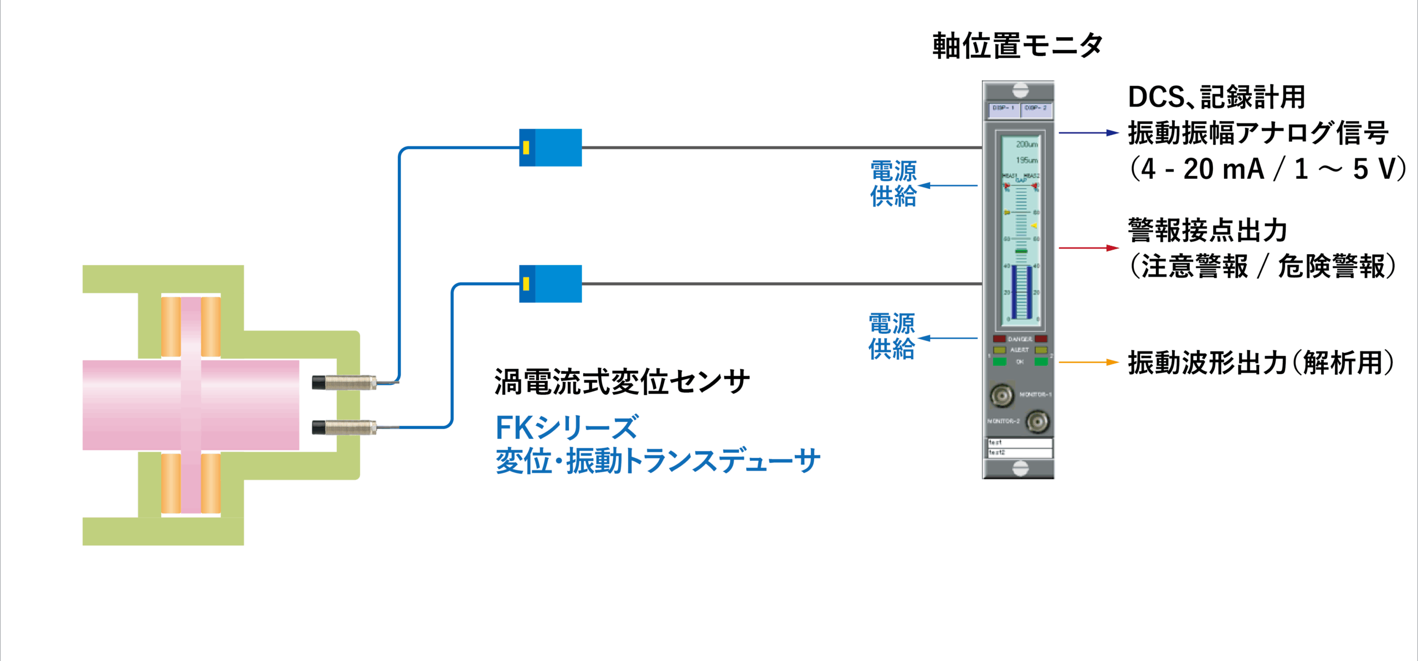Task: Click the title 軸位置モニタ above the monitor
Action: [1018, 45]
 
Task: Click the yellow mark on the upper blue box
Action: [526, 147]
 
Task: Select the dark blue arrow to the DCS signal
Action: [1088, 133]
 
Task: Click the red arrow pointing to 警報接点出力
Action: [1088, 248]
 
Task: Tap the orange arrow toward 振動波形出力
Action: [1088, 363]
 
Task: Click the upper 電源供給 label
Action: [893, 184]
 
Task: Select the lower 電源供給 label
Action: [892, 337]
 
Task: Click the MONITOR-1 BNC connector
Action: [1001, 395]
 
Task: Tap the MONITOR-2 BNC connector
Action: [1037, 422]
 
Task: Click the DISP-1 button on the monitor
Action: [1003, 109]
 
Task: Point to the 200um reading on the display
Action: [1026, 144]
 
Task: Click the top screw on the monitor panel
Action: [1020, 90]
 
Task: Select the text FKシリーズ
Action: [567, 427]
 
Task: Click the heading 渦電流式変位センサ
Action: [621, 382]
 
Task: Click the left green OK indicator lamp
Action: [999, 362]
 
